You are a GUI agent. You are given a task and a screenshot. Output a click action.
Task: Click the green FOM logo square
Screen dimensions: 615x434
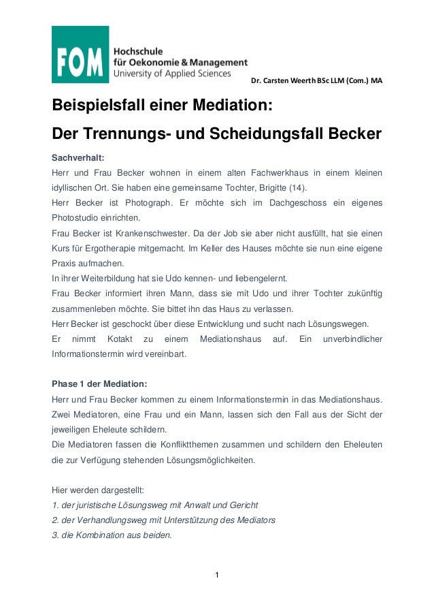click(80, 54)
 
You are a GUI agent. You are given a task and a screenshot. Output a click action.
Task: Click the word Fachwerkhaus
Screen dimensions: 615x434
click(281, 173)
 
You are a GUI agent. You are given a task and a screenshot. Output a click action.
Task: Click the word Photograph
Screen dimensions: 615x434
click(154, 204)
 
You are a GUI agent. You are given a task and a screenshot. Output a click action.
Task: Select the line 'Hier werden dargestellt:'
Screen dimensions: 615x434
click(98, 490)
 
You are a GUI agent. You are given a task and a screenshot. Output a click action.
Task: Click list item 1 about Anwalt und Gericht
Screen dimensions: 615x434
click(154, 505)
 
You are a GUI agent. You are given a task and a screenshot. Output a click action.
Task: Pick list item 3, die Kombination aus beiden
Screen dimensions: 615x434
click(112, 535)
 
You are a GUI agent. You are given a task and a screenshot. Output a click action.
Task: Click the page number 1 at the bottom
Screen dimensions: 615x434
click(216, 578)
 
